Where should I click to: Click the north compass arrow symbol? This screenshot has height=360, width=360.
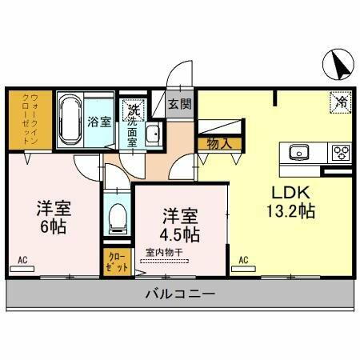[338, 65]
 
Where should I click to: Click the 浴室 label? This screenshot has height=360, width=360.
[99, 122]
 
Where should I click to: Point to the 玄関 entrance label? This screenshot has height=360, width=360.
[180, 103]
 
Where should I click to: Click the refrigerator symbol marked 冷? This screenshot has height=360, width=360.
[340, 102]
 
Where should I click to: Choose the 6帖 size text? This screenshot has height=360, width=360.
[53, 227]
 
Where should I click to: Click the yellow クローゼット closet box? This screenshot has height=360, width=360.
[116, 262]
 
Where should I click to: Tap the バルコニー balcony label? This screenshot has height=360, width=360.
[180, 294]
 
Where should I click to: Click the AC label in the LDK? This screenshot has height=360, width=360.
[242, 260]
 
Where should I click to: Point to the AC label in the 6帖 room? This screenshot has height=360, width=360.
[22, 260]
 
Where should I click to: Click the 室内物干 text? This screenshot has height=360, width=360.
[165, 252]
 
